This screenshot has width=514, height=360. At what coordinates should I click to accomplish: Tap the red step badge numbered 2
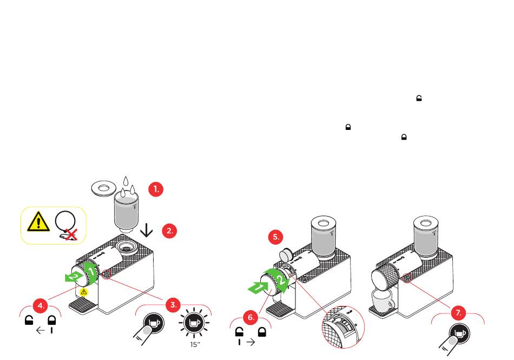click(x=169, y=230)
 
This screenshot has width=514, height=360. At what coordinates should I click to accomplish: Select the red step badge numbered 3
click(x=173, y=305)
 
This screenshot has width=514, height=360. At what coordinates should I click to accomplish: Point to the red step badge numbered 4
click(x=40, y=306)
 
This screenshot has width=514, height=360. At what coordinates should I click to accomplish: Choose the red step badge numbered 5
click(x=276, y=237)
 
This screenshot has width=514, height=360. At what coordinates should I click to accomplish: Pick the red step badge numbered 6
click(x=251, y=318)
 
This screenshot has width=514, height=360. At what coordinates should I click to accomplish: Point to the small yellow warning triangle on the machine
click(x=84, y=292)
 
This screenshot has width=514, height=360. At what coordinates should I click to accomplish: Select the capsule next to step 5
click(x=285, y=253)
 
